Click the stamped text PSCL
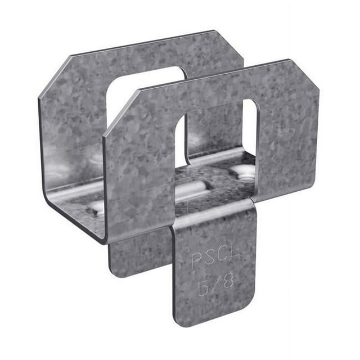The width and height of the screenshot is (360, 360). coord(213,260)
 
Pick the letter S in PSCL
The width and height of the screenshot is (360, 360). coord(208,260)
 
